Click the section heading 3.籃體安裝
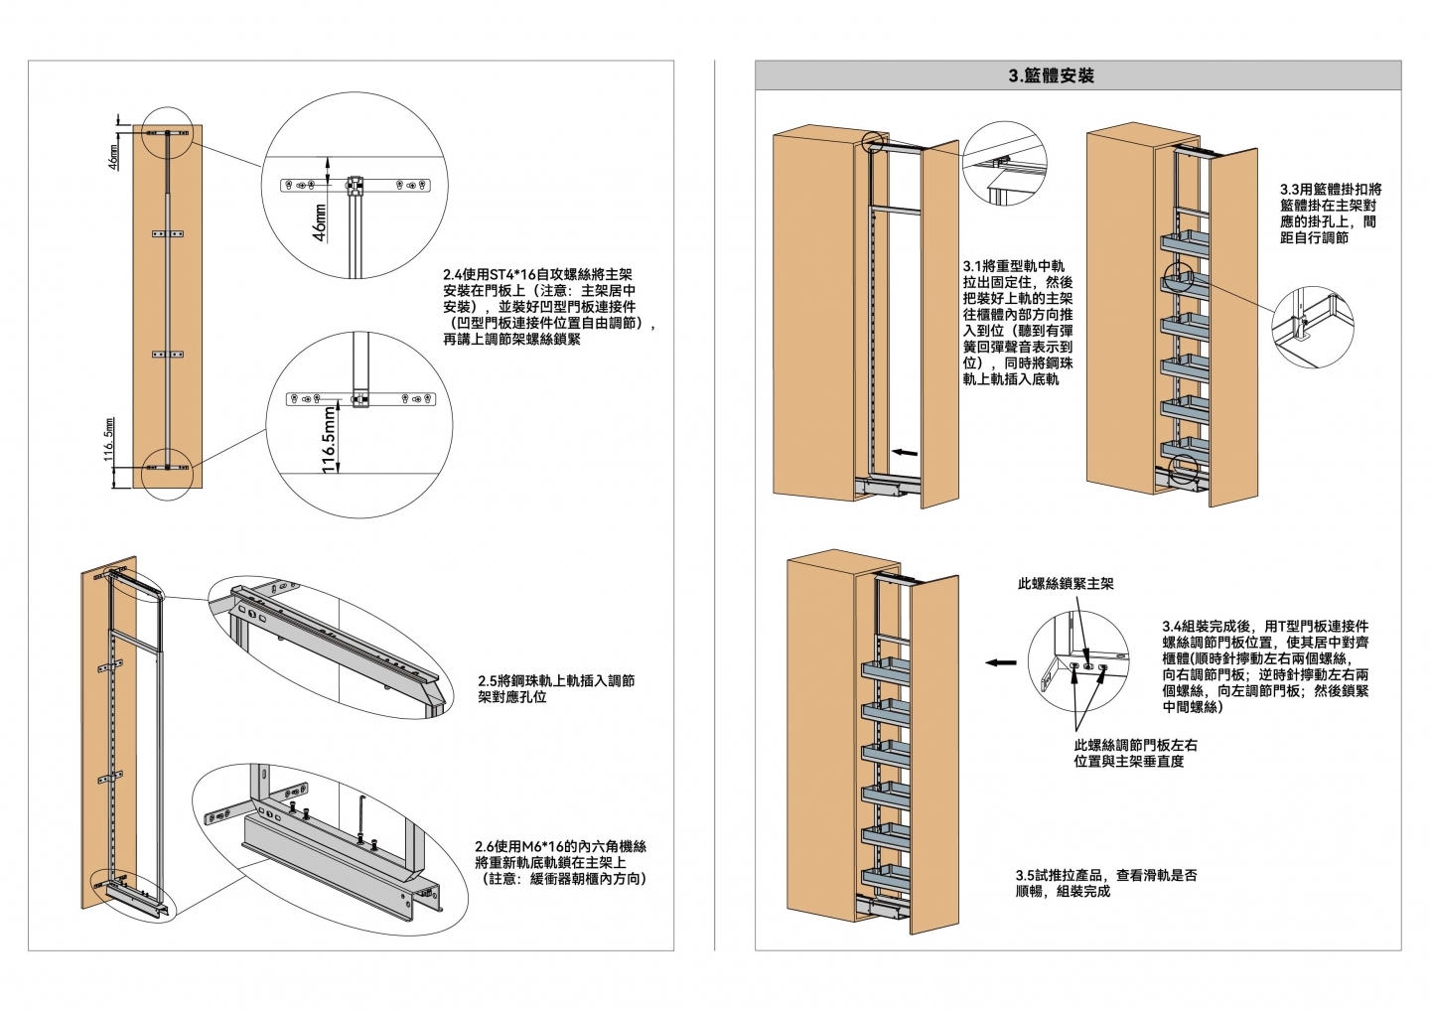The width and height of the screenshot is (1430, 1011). tap(1052, 75)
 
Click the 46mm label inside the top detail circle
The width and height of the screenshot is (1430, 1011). tap(320, 222)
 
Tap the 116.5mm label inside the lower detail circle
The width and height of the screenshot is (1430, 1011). tap(329, 441)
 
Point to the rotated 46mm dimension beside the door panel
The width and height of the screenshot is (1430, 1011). tap(113, 157)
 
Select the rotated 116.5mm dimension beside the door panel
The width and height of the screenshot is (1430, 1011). tap(109, 440)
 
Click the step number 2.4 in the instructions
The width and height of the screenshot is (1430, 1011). tap(453, 274)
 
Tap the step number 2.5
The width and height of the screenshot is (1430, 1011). tap(488, 681)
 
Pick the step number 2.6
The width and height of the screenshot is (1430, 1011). tap(486, 847)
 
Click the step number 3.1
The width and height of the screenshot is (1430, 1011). tap(972, 266)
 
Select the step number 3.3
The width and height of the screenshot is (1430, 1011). tap(1290, 190)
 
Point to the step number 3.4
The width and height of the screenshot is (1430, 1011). tap(1172, 626)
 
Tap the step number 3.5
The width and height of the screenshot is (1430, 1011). tap(1025, 875)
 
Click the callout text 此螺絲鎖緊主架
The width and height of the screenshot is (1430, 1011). tap(1066, 583)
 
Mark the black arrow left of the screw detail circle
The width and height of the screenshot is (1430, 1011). tap(1001, 662)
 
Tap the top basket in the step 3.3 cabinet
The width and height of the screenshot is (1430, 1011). tap(1184, 243)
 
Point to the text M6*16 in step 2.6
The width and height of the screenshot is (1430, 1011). tap(542, 847)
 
